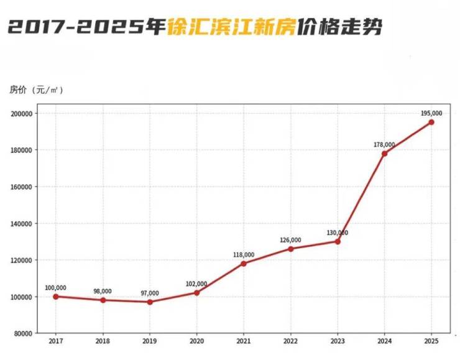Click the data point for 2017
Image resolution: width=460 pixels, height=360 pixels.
coord(56,297)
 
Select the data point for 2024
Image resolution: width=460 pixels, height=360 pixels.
coord(384,154)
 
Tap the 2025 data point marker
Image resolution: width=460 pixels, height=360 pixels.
coord(431,122)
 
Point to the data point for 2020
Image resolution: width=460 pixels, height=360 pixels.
coord(196,293)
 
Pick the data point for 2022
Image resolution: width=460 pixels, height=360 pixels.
coord(290,249)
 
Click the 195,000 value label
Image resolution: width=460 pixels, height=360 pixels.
coord(431,113)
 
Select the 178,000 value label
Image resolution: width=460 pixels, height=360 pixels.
coord(384,144)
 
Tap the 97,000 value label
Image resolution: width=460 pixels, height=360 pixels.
coord(150,293)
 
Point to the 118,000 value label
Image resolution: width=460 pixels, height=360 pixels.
coord(244,254)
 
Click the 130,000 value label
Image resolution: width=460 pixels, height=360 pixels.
coord(338,233)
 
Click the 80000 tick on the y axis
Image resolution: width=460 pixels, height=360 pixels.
coord(23,334)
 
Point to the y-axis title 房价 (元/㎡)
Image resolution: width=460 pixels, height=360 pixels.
coord(36,90)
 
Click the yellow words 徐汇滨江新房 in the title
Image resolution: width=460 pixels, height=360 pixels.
coord(230,28)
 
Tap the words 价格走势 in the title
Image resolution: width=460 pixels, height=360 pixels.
coord(339,28)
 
